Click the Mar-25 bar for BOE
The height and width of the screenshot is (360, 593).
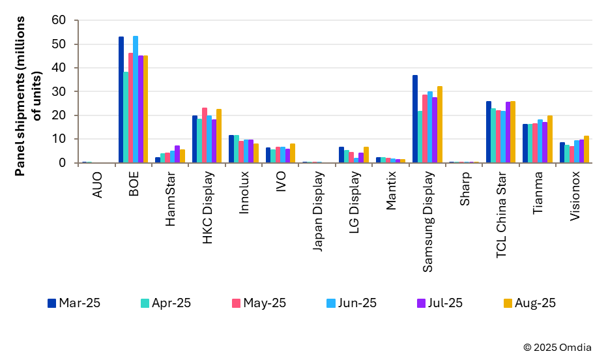[121, 100]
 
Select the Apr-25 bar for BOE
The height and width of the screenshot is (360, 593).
[126, 117]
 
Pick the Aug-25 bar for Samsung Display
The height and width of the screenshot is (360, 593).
[440, 125]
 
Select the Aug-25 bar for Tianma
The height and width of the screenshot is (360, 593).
[550, 139]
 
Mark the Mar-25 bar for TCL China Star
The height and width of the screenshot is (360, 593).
[489, 132]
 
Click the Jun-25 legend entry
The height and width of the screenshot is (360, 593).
[352, 303]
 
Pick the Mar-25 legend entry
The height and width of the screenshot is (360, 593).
[74, 303]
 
